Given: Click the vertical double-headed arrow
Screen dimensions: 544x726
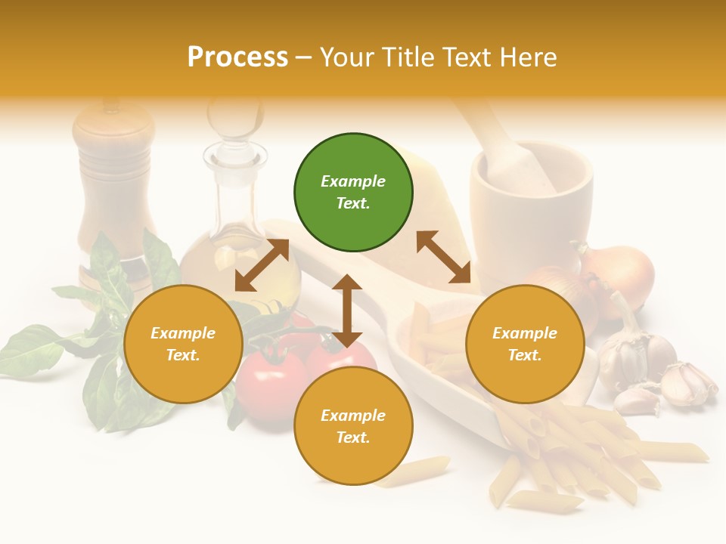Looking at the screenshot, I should point(347,311).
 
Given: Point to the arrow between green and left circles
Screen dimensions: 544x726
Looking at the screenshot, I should point(262,265).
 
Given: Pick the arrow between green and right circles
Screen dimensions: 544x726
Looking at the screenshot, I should point(444,257).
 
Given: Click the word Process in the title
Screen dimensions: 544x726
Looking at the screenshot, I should point(237,57).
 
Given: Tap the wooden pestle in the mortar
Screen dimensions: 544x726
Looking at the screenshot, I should point(507,151).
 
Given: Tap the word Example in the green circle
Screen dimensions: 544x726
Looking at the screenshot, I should point(353,181).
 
